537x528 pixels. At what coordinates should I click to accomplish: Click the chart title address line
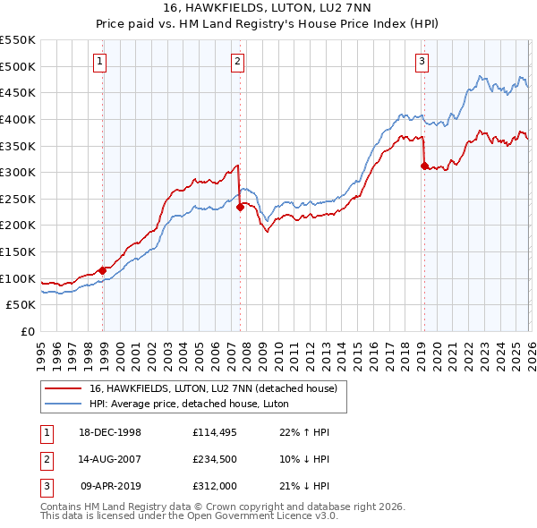(x=268, y=8)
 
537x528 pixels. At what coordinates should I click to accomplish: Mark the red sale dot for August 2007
(x=240, y=207)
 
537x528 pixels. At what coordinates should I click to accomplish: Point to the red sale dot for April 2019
(x=423, y=166)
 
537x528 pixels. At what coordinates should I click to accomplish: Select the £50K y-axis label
(x=21, y=304)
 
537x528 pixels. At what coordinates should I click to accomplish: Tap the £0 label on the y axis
(x=29, y=331)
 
